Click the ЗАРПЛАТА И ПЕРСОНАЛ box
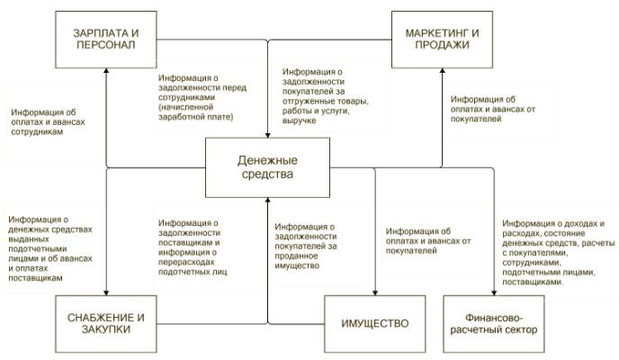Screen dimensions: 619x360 coord(106,40)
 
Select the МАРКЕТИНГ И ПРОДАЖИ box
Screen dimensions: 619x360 coord(442,40)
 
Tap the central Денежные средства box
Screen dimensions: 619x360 coord(267,167)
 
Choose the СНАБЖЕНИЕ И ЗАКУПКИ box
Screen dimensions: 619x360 coord(106,324)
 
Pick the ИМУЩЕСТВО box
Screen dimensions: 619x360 coord(375,324)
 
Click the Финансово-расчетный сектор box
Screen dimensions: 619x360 coord(494,324)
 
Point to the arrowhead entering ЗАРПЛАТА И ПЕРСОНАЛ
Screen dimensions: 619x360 coord(106,71)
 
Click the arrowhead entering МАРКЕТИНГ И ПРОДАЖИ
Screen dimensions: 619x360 coord(442,71)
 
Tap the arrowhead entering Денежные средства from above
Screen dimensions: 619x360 coord(267,135)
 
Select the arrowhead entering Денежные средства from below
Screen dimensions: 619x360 coord(267,200)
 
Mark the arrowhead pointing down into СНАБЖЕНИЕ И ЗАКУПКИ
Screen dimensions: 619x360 coord(106,292)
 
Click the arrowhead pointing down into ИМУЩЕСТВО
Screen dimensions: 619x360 coord(375,292)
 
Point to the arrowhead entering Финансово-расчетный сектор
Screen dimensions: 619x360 coord(494,292)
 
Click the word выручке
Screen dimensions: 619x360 coord(300,121)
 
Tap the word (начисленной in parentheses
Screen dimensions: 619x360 coord(186,107)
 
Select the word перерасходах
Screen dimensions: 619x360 coord(186,263)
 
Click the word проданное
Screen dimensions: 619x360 coord(297,256)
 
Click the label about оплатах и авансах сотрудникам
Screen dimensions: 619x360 coord(48,122)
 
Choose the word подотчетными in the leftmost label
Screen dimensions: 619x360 coord(38,249)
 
